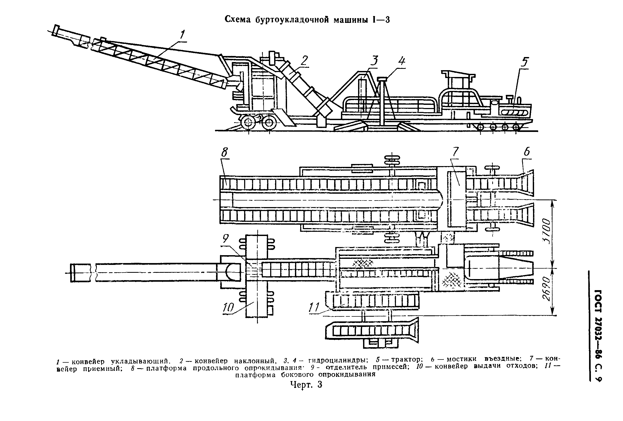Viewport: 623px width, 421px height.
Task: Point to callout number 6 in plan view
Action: tap(526, 152)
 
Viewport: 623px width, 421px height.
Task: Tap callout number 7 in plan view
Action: tap(455, 152)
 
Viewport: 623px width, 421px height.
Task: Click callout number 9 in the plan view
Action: tap(226, 238)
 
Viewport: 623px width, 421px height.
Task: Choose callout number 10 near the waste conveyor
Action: tap(228, 308)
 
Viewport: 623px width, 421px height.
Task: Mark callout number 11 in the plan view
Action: tap(314, 308)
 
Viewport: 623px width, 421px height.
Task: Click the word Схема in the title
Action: tap(237, 19)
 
